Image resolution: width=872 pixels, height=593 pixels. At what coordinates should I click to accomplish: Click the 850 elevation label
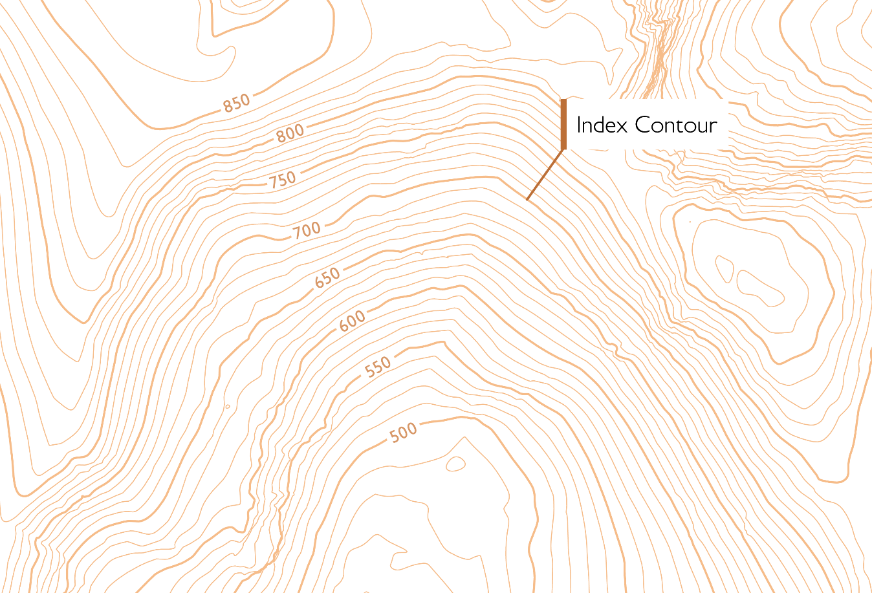(x=237, y=103)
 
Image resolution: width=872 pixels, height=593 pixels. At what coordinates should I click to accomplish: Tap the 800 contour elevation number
(x=290, y=133)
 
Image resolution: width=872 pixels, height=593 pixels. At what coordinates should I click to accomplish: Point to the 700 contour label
(x=307, y=230)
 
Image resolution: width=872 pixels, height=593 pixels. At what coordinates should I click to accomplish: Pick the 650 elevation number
(x=327, y=278)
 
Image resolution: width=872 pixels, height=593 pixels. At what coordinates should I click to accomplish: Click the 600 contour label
(x=353, y=321)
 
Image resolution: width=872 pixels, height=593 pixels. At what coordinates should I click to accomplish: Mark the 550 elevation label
(x=378, y=367)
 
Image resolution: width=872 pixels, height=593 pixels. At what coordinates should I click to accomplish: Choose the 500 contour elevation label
(x=404, y=432)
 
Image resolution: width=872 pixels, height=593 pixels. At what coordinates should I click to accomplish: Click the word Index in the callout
(x=602, y=125)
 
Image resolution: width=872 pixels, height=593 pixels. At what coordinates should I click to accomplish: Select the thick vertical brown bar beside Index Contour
(x=563, y=124)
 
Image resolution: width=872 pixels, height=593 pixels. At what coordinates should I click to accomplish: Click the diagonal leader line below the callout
(x=545, y=175)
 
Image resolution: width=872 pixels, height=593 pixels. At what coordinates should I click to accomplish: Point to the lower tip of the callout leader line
(x=527, y=199)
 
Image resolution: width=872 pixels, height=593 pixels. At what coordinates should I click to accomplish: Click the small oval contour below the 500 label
(x=455, y=464)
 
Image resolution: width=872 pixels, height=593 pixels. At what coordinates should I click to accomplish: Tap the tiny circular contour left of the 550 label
(x=228, y=407)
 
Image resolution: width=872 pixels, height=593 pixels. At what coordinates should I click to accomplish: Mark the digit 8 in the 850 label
(x=228, y=106)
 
